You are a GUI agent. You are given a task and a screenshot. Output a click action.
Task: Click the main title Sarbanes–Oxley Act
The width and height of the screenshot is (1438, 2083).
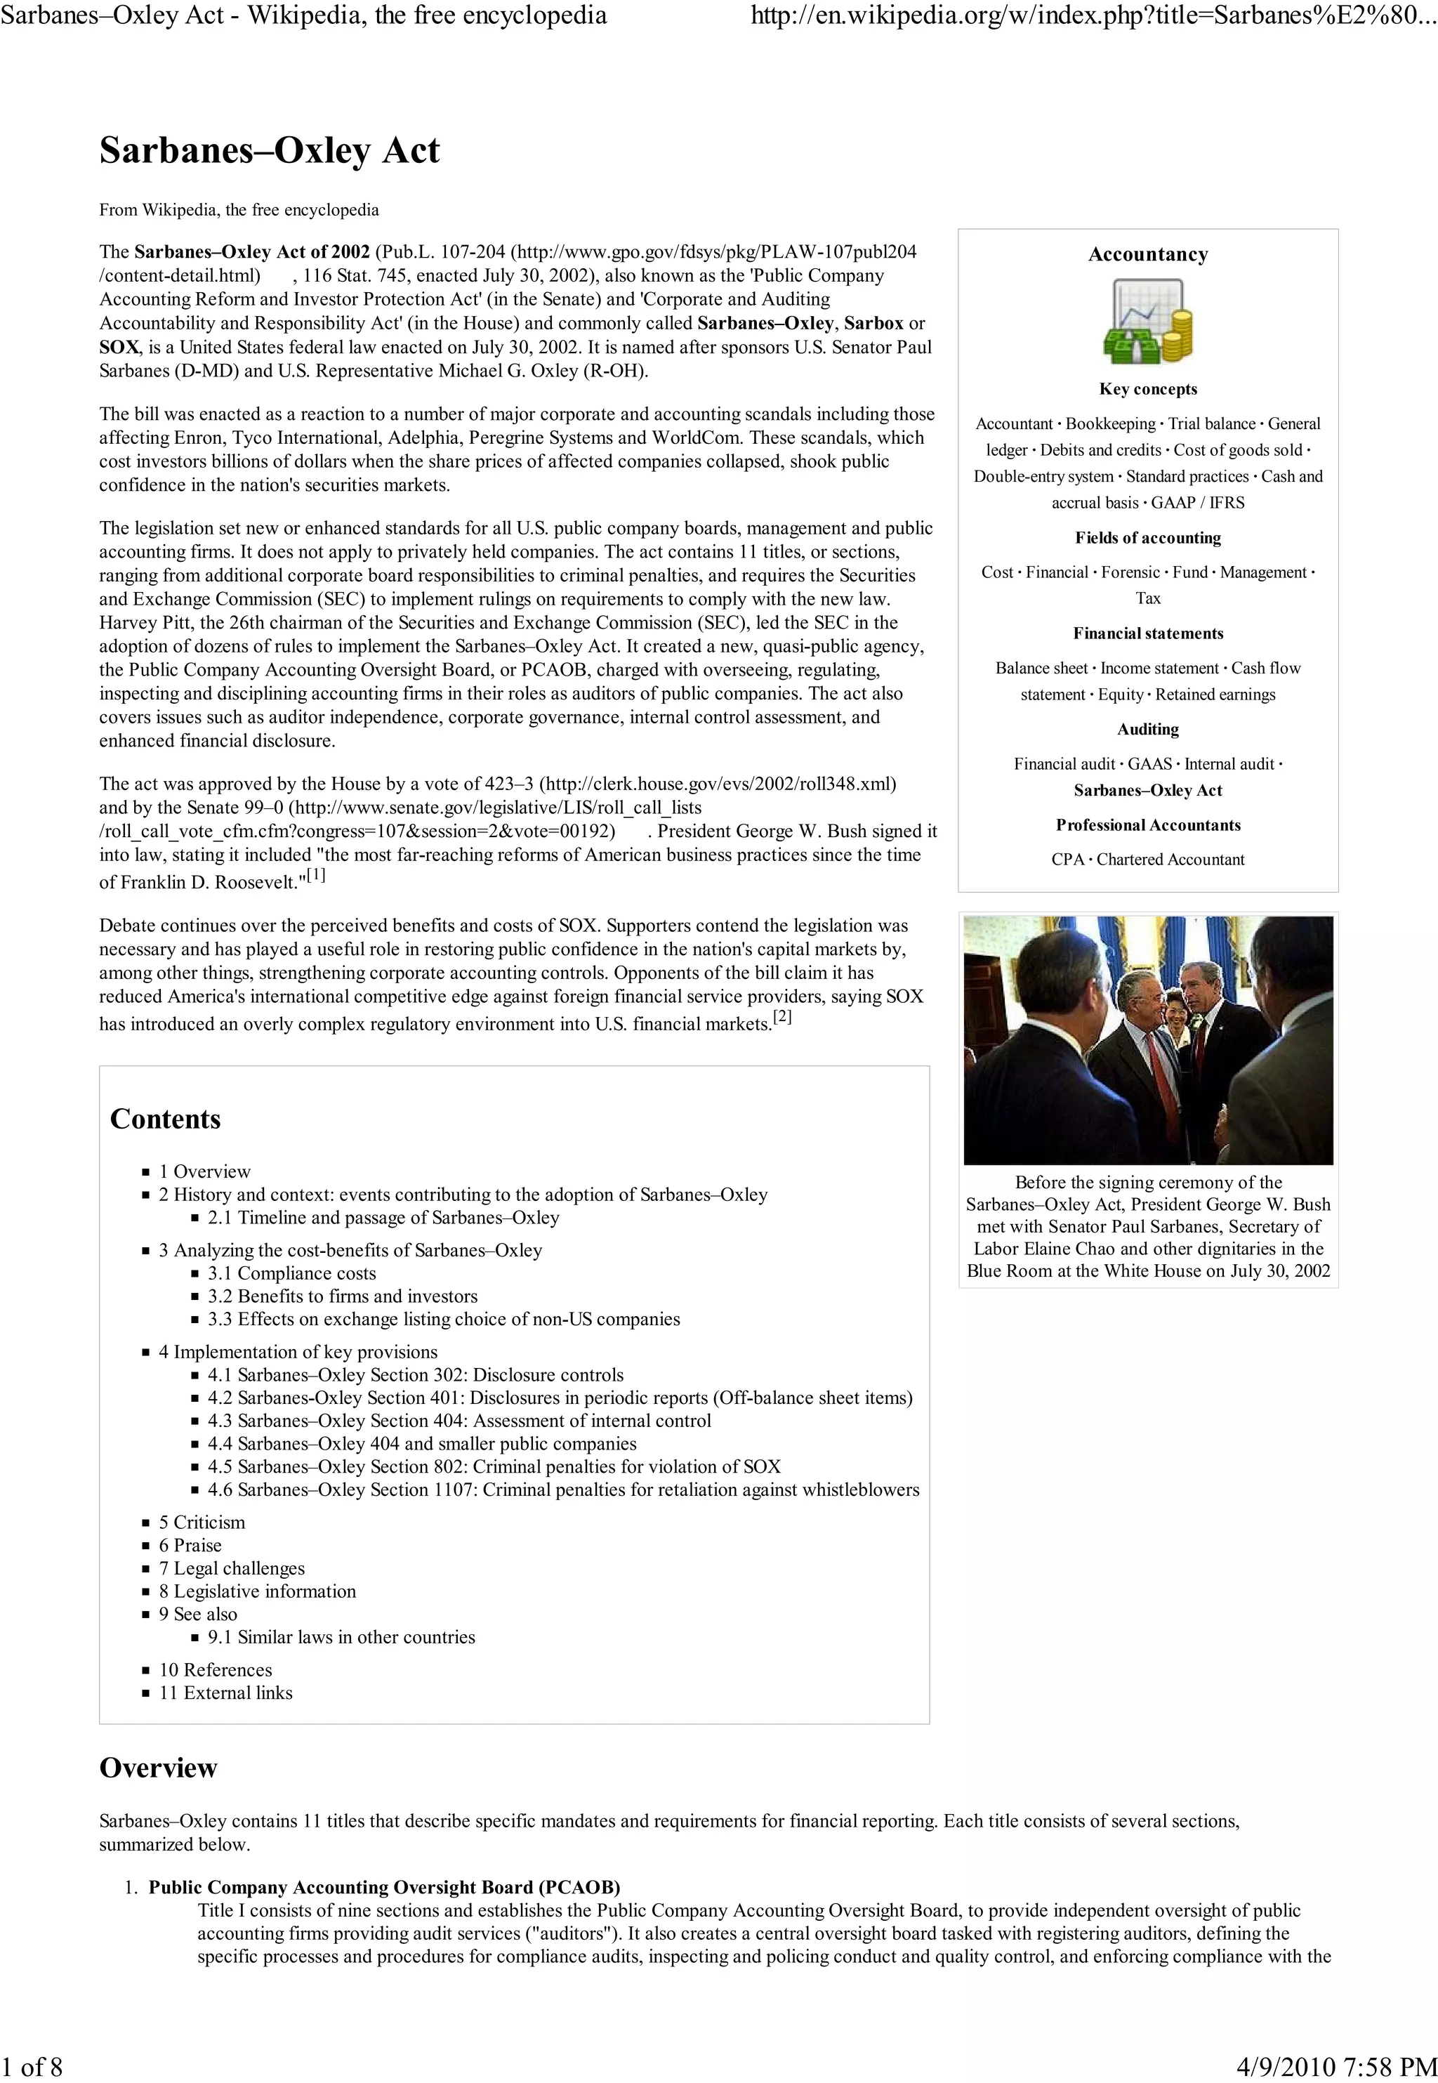click(270, 150)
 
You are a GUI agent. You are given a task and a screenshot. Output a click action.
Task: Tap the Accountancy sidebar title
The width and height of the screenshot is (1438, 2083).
click(1147, 254)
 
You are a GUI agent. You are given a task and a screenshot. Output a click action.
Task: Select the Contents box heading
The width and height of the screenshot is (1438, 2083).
click(165, 1119)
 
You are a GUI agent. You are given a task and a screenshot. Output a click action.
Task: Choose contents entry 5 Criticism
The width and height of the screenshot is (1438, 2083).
click(202, 1522)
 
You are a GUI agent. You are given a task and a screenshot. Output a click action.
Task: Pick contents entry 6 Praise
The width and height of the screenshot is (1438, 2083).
click(190, 1545)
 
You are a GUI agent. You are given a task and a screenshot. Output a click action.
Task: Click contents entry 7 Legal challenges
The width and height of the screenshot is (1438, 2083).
click(232, 1568)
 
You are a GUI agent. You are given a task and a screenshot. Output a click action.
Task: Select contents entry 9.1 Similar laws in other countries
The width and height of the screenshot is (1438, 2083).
click(341, 1636)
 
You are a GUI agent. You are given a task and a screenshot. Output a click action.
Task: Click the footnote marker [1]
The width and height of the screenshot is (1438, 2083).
click(315, 875)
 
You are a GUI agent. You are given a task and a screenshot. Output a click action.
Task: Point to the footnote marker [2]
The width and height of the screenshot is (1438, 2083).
click(782, 1017)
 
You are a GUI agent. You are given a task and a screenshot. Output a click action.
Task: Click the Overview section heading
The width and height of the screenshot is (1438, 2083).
click(158, 1768)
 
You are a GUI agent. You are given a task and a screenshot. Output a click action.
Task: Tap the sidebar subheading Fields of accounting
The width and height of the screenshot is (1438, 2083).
click(1147, 538)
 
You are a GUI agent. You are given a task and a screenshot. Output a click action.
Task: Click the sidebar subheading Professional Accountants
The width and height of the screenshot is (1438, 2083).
click(1147, 825)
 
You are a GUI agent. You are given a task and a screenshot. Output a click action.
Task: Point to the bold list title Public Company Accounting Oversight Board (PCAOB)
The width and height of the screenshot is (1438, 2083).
click(384, 1888)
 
